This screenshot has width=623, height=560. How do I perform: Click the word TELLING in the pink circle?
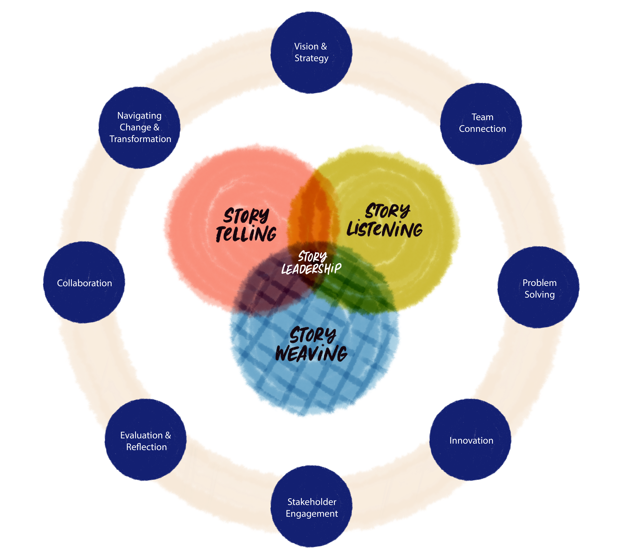pyautogui.click(x=246, y=234)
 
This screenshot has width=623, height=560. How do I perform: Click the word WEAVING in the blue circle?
pyautogui.click(x=311, y=353)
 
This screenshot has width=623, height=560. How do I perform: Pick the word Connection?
pyautogui.click(x=482, y=129)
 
